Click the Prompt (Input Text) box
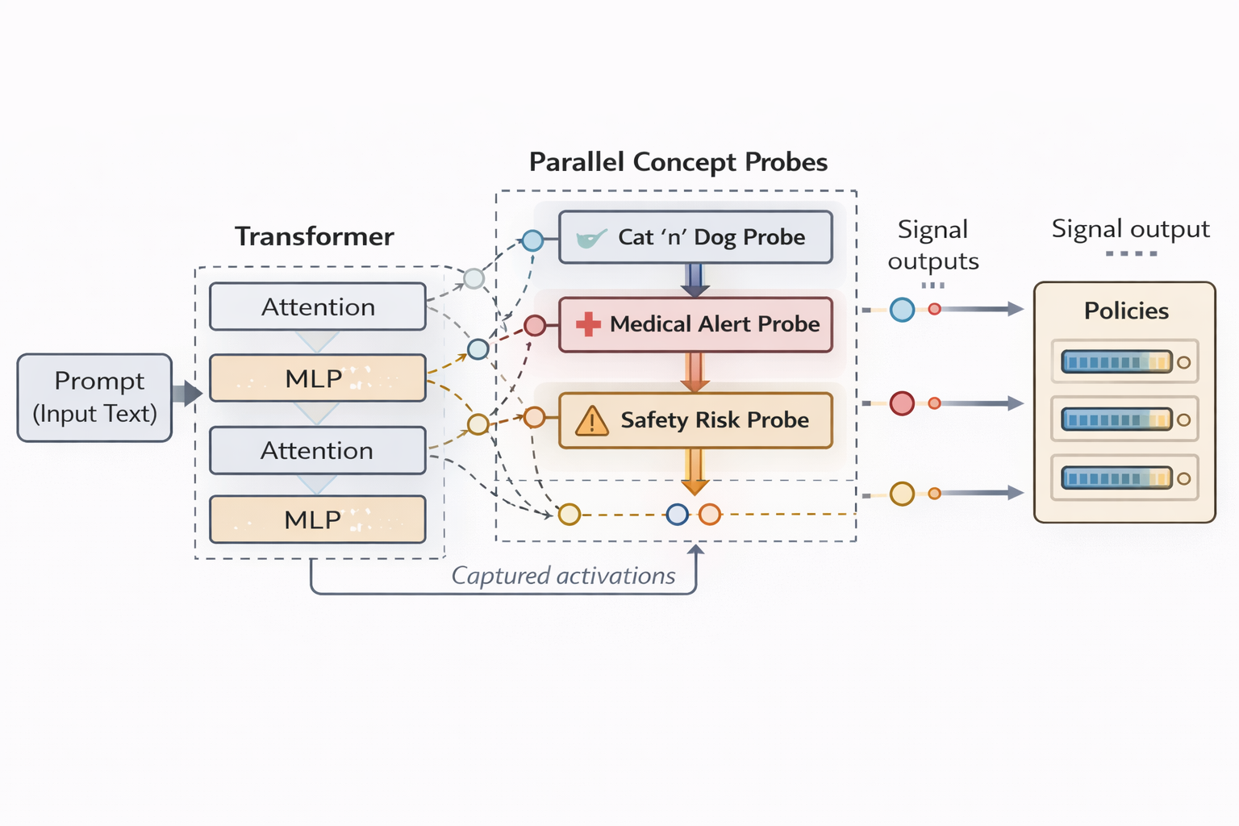[x=94, y=398]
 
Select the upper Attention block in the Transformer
[x=317, y=307]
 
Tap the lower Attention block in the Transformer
[x=317, y=450]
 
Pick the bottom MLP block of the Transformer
[x=317, y=519]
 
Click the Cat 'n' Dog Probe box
[x=695, y=237]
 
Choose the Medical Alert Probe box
[x=695, y=324]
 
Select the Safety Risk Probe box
[x=695, y=420]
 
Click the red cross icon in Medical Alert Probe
[x=588, y=324]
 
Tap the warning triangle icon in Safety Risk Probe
[x=592, y=421]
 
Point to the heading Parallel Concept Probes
[x=678, y=162]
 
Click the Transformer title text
[x=315, y=236]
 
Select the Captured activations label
[x=563, y=576]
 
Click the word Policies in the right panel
[x=1126, y=311]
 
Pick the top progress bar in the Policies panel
[x=1116, y=361]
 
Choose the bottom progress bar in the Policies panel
[x=1116, y=478]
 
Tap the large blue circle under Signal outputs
[x=902, y=310]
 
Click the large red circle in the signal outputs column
[x=902, y=403]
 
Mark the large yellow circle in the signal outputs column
[x=902, y=493]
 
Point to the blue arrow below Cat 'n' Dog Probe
[x=695, y=280]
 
